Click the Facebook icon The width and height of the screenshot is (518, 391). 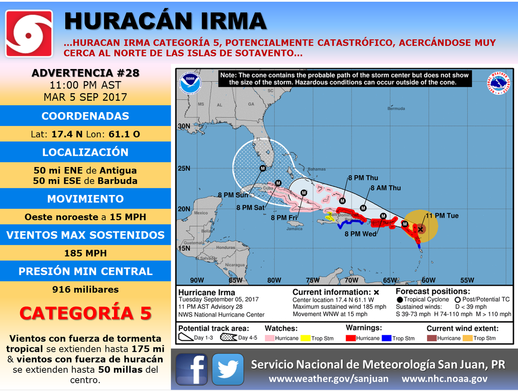191,369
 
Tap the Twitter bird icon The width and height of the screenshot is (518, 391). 228,369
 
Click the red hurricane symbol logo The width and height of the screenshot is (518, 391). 29,33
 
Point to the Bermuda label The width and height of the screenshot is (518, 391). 396,108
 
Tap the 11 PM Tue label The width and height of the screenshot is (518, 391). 442,216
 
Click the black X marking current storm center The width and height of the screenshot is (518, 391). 420,229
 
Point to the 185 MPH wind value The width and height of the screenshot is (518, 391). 85,253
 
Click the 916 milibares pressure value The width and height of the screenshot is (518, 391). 85,289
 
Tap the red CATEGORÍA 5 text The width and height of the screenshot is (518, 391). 85,313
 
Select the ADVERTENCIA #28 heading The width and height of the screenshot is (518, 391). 85,73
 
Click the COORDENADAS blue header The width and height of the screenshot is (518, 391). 85,116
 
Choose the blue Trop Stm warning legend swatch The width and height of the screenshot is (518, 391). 387,338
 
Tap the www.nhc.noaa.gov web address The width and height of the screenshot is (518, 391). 445,379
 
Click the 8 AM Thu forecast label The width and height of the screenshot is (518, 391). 386,188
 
